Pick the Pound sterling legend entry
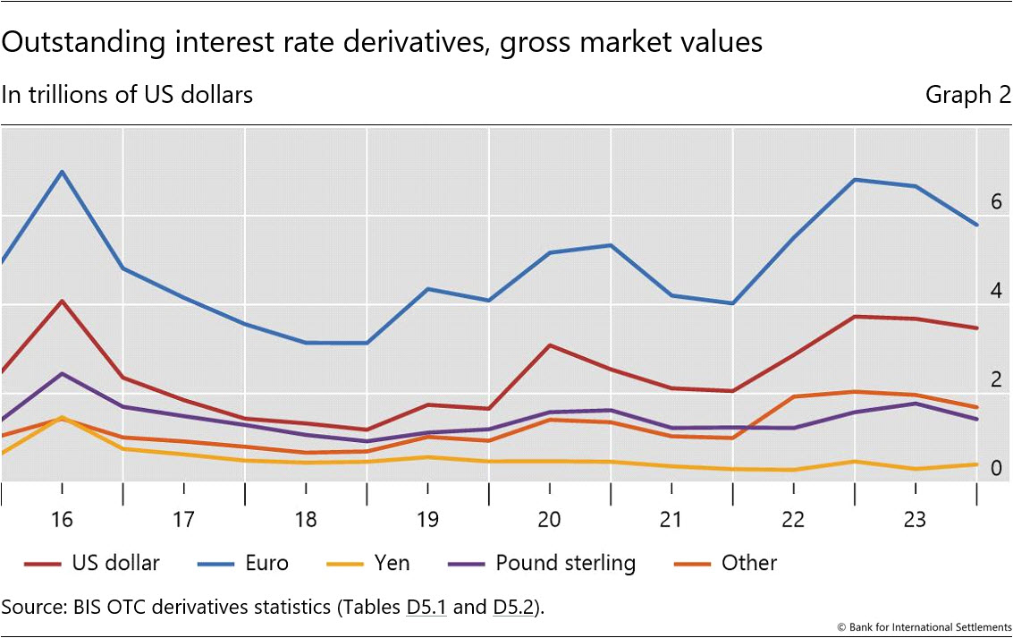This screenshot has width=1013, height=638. (565, 563)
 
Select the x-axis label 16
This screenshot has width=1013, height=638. (62, 520)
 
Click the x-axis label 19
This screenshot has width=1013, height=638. (427, 520)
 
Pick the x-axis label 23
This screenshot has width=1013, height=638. (916, 520)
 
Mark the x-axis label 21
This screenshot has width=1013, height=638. (671, 520)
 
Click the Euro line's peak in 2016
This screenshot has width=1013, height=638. (62, 171)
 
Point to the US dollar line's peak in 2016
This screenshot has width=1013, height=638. (62, 301)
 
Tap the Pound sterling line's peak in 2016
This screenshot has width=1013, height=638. (62, 373)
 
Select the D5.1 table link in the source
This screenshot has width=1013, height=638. (425, 607)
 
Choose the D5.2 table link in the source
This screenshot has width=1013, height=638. (514, 607)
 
